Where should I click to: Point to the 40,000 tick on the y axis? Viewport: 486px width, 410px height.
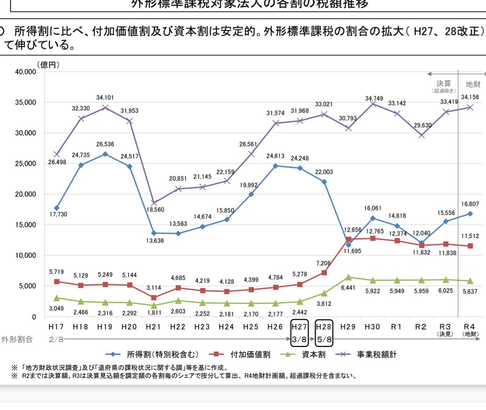25,72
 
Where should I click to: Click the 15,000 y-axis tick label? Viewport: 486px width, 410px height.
25,225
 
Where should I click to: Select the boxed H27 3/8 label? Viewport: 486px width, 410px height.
300,333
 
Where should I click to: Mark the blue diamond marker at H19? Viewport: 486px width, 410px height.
105,154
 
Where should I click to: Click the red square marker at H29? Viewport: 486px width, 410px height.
348,239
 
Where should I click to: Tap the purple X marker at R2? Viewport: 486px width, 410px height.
421,136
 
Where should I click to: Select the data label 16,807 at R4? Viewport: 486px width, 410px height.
470,204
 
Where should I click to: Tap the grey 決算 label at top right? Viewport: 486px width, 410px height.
444,83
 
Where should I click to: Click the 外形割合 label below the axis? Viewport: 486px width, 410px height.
17,339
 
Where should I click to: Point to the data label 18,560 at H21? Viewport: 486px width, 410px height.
154,210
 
